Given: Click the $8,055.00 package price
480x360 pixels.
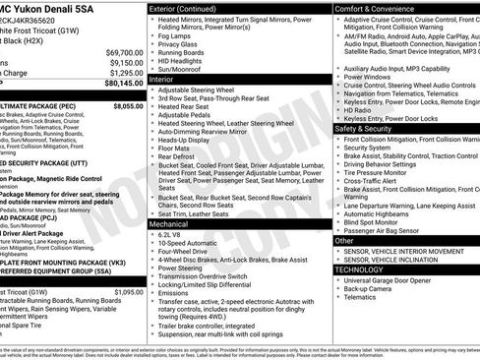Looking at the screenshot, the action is click(128, 103).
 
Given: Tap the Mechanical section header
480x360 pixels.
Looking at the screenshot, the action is click(170, 224).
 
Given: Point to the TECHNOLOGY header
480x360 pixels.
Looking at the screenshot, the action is click(359, 269).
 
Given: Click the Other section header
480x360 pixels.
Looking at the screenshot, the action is click(344, 240).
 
